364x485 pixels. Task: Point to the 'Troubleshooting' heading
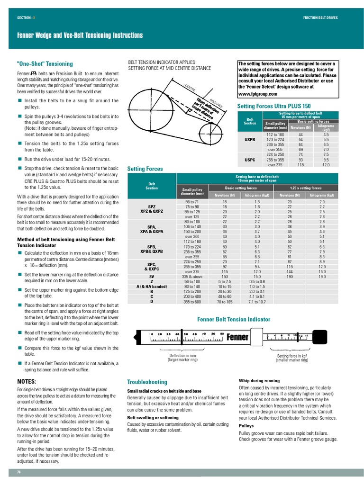147,382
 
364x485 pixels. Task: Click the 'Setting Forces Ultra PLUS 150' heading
273,107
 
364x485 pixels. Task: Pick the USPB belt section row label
250,140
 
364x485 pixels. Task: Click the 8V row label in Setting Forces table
152,277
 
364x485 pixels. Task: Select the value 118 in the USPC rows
300,165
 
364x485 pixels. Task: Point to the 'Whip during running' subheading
259,381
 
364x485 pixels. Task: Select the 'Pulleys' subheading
246,426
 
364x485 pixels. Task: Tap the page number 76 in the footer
19,472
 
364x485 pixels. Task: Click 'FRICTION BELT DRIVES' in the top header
327,18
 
